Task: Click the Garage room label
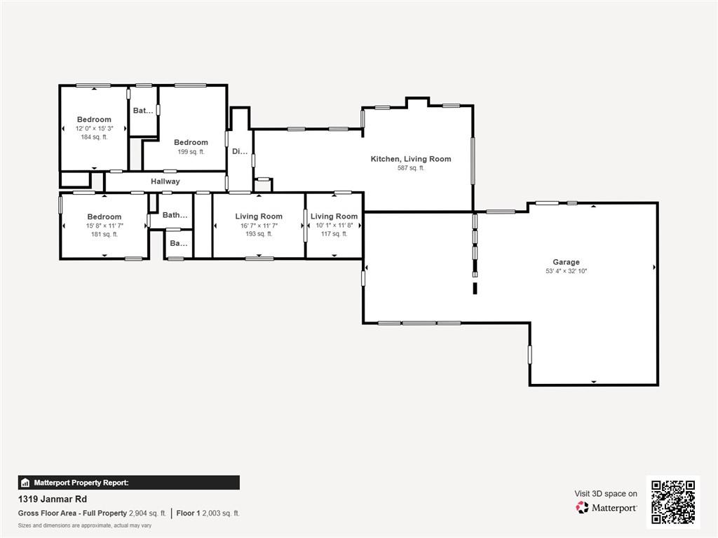point(566,262)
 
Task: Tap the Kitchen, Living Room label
point(411,159)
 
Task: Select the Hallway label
point(165,181)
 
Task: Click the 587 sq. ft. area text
point(411,168)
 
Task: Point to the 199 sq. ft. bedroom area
point(191,151)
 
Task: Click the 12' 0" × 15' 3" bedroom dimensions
point(94,128)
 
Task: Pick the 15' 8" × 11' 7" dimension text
point(104,226)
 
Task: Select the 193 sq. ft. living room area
point(259,234)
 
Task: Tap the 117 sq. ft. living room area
point(334,234)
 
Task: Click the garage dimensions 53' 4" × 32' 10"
point(566,270)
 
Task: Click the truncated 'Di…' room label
point(239,151)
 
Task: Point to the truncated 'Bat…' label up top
point(143,111)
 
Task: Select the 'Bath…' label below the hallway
point(175,215)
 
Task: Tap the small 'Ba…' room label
point(178,244)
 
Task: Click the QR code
point(672,502)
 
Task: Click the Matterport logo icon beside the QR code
point(583,507)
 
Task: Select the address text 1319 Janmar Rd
point(53,499)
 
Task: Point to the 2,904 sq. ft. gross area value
point(147,513)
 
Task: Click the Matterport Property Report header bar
point(129,483)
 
